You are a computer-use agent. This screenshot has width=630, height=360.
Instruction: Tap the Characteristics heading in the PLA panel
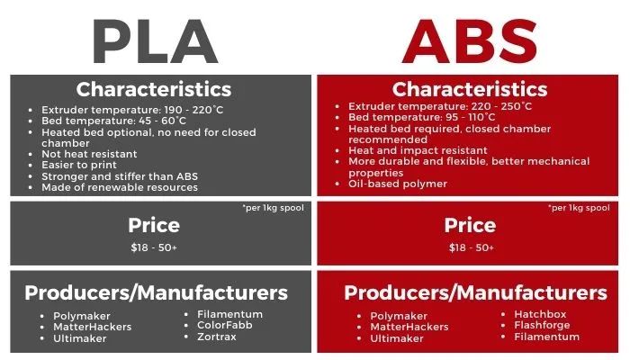(x=154, y=89)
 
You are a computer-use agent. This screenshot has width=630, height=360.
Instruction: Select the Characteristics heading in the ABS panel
(x=469, y=89)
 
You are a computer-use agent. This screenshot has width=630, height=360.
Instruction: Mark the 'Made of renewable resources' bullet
(x=119, y=187)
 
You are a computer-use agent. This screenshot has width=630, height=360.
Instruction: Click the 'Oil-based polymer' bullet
(x=398, y=184)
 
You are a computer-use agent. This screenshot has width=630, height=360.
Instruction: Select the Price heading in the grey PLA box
(x=154, y=225)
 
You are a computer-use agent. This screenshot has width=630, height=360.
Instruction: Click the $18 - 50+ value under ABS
(x=469, y=247)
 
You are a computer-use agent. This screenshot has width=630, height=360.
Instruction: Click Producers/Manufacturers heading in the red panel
(x=475, y=293)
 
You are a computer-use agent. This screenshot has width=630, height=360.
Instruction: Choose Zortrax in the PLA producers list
(x=216, y=337)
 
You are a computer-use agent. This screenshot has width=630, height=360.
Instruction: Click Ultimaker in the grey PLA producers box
(x=82, y=337)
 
